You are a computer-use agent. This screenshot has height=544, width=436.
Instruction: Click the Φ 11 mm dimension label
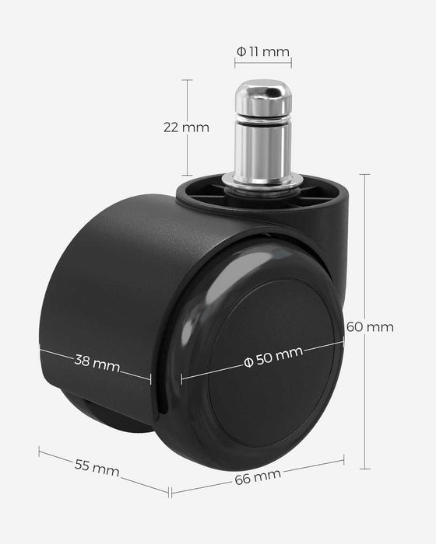pos(263,52)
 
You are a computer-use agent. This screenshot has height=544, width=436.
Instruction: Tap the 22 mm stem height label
pos(186,127)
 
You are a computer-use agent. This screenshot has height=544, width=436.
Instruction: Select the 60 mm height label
pos(370,327)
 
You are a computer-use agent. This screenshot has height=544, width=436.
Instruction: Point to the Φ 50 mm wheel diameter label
pos(273,357)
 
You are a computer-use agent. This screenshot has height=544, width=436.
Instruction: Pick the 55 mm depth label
pos(97,468)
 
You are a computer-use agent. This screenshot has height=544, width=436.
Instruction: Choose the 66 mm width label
pos(258,477)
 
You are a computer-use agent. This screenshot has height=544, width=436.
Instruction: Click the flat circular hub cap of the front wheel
pos(272,362)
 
